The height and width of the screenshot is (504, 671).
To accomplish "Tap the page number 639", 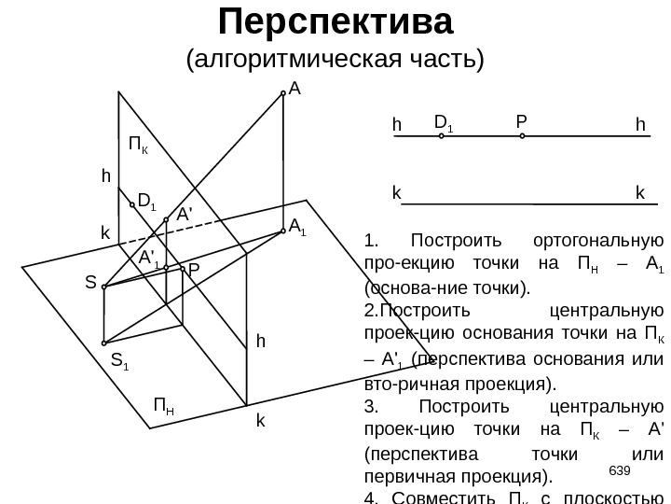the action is tap(618, 469).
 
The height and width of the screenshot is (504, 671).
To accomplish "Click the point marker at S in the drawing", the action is tap(104, 287).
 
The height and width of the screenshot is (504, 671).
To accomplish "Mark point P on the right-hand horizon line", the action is tap(522, 136).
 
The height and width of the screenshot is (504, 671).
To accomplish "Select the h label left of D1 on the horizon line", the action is tap(396, 124).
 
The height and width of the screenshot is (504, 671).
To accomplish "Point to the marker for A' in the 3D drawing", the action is tap(166, 220).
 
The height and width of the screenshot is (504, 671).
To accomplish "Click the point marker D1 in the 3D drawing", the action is tap(131, 203).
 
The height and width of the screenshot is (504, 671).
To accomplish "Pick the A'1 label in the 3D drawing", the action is tap(147, 257).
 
